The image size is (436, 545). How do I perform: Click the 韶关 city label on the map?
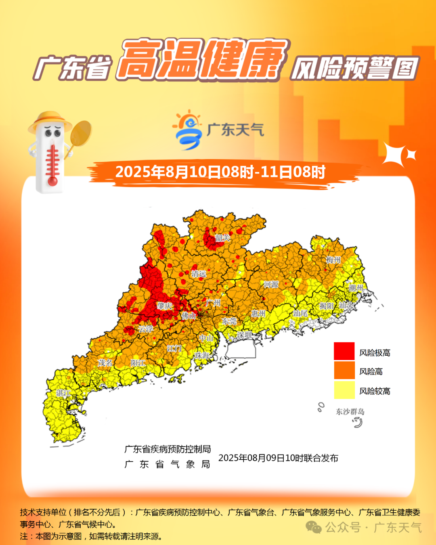point(222,238)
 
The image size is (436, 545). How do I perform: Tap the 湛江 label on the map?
point(63,393)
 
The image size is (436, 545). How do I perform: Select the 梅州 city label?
point(333,260)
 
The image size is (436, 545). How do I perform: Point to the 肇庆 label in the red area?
point(165,306)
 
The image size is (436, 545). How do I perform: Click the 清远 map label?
point(199,274)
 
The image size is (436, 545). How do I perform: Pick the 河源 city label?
point(271,284)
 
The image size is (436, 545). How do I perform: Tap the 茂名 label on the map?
point(105,363)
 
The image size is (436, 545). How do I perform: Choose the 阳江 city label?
point(138,363)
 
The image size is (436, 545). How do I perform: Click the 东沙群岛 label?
point(350,411)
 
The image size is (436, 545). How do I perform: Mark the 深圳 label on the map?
point(244,335)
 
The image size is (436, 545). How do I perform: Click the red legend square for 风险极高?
point(344,351)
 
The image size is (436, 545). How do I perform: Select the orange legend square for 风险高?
point(344,371)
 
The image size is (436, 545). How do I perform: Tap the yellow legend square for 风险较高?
point(344,390)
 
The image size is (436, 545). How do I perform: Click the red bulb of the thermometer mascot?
point(52,181)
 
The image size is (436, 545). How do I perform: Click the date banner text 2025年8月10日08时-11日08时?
point(220,172)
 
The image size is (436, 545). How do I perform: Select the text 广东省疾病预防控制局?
point(168,449)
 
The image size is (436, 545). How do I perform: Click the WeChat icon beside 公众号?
point(313,527)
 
